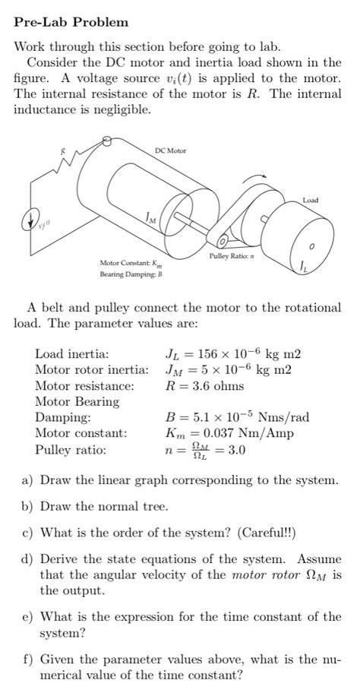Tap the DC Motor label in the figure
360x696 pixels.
(x=170, y=151)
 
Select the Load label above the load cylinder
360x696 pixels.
(x=310, y=200)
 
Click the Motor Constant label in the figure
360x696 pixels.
(x=132, y=263)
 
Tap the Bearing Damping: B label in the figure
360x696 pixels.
(x=128, y=273)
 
